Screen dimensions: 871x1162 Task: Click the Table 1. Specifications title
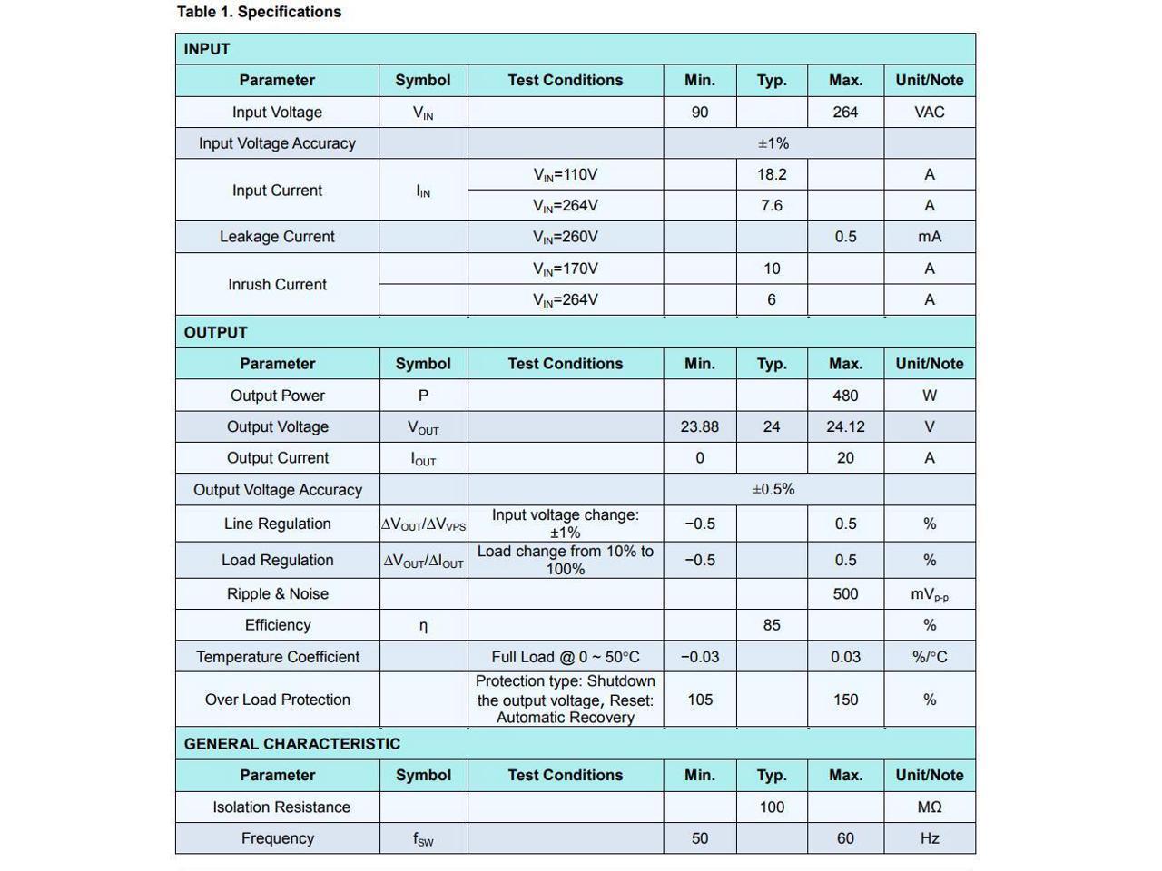(259, 12)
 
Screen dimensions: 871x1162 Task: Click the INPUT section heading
(207, 49)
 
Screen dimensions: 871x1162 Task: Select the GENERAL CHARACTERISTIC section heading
(291, 744)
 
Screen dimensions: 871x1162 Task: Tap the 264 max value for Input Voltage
(845, 113)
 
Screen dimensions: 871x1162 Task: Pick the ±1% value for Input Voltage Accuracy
(773, 143)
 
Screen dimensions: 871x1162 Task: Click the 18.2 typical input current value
(772, 174)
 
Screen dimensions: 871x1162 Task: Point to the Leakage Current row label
(277, 237)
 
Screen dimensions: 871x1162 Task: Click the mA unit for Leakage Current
(930, 237)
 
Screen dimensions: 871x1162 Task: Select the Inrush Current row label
(277, 284)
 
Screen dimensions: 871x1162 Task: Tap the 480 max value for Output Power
(845, 396)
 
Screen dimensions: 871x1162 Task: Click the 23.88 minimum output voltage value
(700, 426)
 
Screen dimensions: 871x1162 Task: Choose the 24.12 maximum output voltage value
(845, 426)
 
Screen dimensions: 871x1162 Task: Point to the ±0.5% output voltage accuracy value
(773, 489)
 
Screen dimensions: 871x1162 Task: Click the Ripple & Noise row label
(277, 594)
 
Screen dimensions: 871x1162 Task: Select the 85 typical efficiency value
(772, 625)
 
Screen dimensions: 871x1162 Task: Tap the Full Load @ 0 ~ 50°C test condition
(566, 657)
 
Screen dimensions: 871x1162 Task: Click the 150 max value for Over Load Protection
(845, 700)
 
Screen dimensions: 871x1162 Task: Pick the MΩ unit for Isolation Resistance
(930, 807)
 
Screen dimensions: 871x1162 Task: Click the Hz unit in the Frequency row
(930, 838)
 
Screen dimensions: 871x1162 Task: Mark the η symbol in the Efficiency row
(423, 626)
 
